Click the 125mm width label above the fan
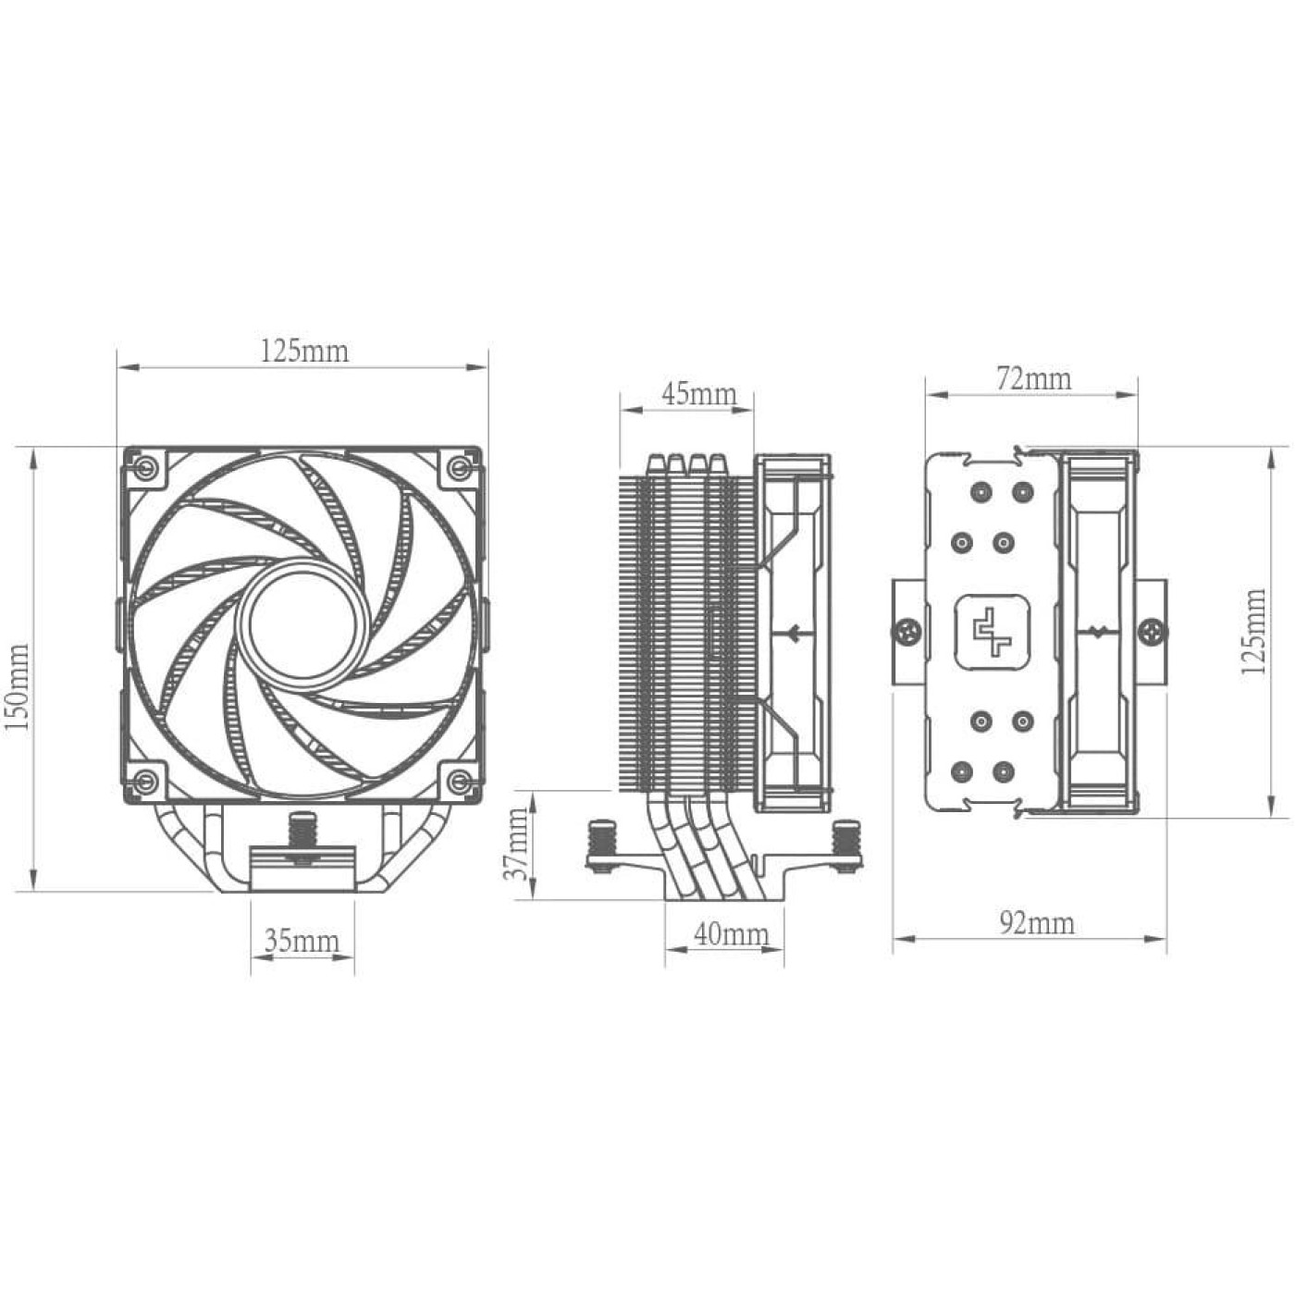click(304, 351)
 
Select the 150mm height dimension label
click(18, 687)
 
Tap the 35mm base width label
click(302, 942)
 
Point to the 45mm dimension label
click(698, 394)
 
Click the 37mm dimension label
click(518, 844)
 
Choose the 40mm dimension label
click(731, 934)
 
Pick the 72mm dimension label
click(1033, 378)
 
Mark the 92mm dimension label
click(1037, 923)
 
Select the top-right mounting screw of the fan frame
click(458, 467)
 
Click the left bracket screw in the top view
click(906, 632)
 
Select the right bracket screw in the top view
click(1153, 633)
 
